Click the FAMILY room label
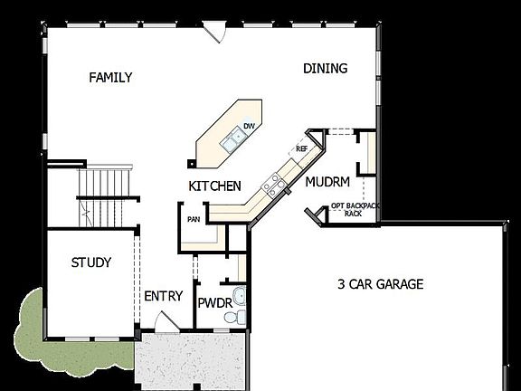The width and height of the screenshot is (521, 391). [x=110, y=78]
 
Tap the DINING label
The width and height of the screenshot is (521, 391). [x=326, y=69]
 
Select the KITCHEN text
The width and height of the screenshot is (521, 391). [x=214, y=186]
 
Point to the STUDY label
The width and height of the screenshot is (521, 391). [x=91, y=263]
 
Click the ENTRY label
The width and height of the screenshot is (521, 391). [x=163, y=296]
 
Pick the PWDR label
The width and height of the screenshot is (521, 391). [x=214, y=301]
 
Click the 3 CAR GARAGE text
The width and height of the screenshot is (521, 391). [x=380, y=284]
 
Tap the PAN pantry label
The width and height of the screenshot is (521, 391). [x=194, y=218]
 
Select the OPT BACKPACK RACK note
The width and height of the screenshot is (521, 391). [x=355, y=209]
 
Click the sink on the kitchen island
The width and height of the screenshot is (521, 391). [x=234, y=139]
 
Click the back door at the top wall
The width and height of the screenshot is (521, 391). [x=214, y=32]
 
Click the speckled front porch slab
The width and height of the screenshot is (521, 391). [x=191, y=361]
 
